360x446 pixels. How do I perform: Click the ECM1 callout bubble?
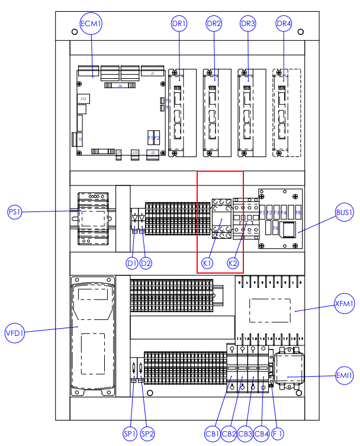click(91, 24)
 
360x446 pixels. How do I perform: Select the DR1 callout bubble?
click(179, 24)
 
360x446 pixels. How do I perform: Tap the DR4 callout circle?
click(284, 24)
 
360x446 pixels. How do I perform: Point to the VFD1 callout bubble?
click(15, 331)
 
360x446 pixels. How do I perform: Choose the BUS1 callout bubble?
click(345, 212)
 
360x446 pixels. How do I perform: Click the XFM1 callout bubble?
click(344, 304)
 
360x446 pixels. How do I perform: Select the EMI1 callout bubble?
click(345, 375)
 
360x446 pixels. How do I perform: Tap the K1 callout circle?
click(207, 262)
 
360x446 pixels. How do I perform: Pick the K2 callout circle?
click(233, 262)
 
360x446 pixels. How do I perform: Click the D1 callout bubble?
click(132, 262)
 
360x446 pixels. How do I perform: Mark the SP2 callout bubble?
click(147, 434)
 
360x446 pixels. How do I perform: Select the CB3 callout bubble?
click(245, 434)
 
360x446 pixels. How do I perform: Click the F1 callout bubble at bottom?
click(278, 434)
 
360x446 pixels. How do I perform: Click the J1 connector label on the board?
click(152, 73)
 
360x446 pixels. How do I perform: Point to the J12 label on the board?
click(83, 98)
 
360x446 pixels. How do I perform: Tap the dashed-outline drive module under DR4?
click(287, 113)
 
